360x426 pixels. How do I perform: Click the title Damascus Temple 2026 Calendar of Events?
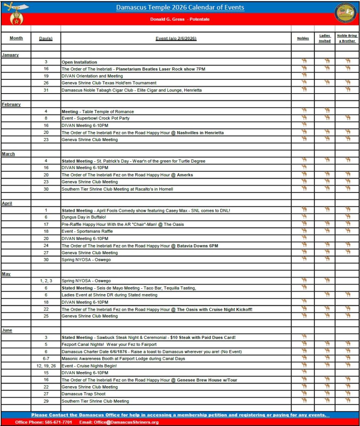click(x=180, y=7)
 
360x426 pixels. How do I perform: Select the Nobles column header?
click(x=303, y=38)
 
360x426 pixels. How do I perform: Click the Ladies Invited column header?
click(x=325, y=38)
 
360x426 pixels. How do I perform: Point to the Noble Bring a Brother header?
click(x=347, y=38)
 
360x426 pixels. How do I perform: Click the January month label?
click(x=10, y=55)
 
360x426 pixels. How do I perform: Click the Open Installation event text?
click(x=79, y=62)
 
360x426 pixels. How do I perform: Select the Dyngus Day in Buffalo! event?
click(x=84, y=217)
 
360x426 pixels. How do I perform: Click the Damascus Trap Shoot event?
click(x=83, y=394)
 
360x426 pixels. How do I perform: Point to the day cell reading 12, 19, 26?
click(x=46, y=366)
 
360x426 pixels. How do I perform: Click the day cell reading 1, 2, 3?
click(x=46, y=281)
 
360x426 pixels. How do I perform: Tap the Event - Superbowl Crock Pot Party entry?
click(x=95, y=118)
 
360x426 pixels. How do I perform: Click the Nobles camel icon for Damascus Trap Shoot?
click(x=304, y=393)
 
